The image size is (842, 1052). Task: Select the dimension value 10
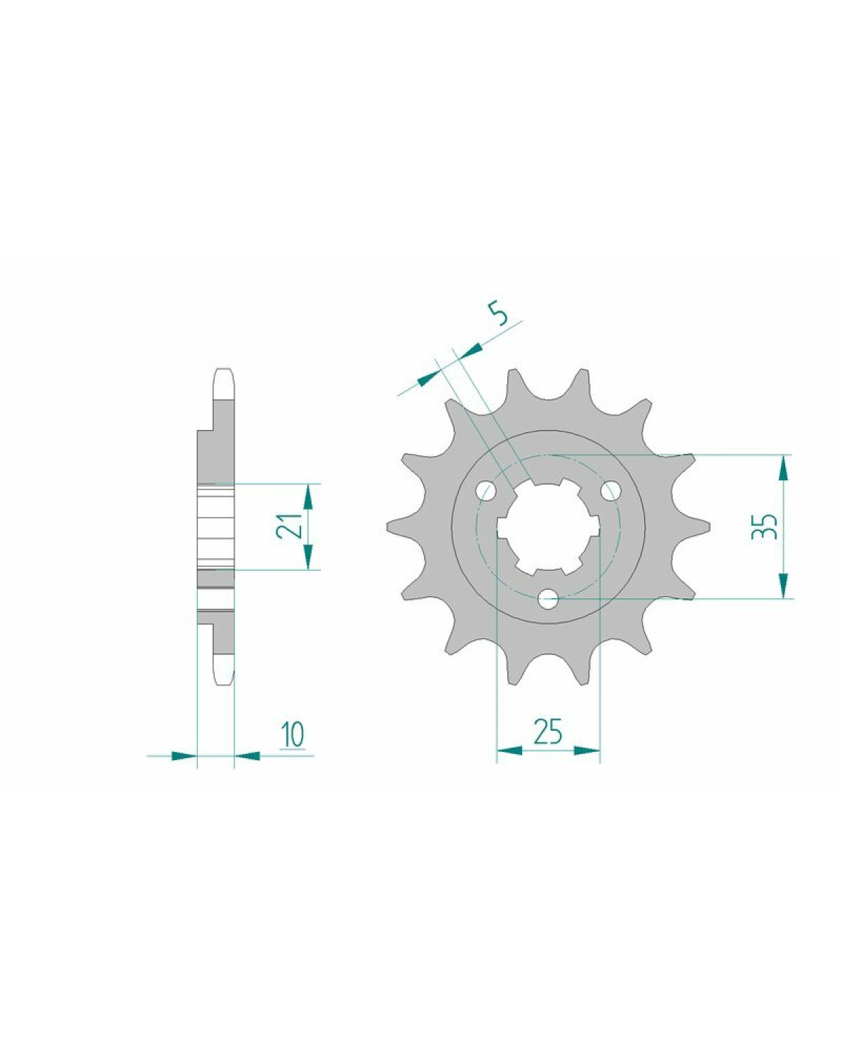click(293, 748)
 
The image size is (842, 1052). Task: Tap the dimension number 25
click(548, 745)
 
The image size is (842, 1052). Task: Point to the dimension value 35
click(764, 526)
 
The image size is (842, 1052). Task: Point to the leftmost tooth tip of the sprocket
click(388, 527)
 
